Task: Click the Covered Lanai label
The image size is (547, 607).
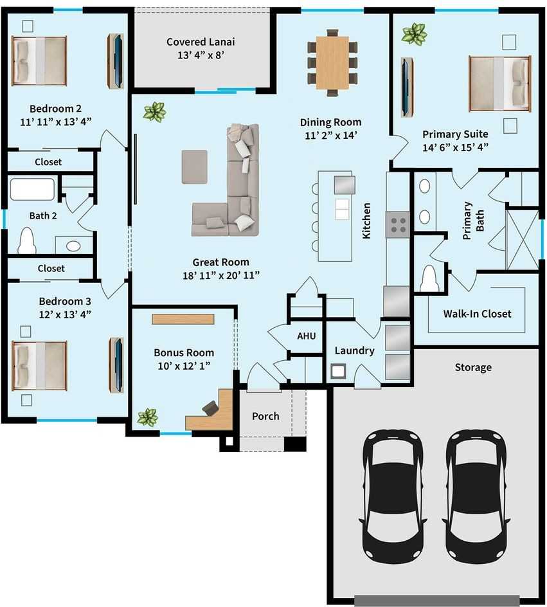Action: click(201, 42)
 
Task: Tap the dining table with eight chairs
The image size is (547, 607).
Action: click(332, 62)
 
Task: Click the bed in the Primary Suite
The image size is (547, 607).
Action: click(499, 82)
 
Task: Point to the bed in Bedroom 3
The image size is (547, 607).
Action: click(39, 365)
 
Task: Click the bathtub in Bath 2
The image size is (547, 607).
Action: click(33, 190)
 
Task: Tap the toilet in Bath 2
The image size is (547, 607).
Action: click(27, 242)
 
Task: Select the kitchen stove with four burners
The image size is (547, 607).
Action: click(397, 223)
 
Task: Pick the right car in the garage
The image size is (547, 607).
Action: click(475, 494)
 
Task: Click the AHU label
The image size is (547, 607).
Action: click(305, 336)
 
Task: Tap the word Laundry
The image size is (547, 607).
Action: click(354, 350)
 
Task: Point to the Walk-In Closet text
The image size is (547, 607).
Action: click(477, 314)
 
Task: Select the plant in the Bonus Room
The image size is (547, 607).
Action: click(147, 417)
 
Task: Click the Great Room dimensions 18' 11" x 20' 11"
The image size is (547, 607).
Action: click(220, 275)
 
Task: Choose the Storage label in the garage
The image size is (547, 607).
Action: click(473, 367)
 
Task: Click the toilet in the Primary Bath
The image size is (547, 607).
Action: click(429, 278)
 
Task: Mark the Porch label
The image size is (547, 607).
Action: click(265, 416)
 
